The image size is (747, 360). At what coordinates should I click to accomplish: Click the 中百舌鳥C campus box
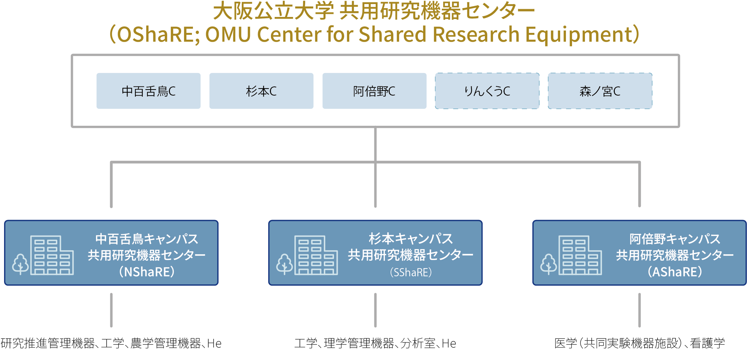coord(148,91)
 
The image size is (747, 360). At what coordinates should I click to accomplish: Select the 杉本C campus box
coord(261,91)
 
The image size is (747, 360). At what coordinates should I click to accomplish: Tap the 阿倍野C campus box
coord(374,91)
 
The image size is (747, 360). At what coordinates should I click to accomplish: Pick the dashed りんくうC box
coord(487,91)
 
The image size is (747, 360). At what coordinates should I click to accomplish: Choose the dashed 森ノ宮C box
coord(600,91)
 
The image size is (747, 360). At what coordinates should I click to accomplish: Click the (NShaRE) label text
coord(147,272)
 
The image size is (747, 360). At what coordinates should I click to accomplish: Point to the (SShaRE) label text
coord(411,272)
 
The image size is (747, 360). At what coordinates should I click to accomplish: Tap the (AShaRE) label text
coord(675,272)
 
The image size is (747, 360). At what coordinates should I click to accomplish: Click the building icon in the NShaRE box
coord(52,255)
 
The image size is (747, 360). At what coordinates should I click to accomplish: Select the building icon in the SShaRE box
coord(316,255)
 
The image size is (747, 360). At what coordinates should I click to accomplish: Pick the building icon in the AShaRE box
coord(580,255)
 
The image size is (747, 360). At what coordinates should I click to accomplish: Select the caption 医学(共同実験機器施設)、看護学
coord(640,343)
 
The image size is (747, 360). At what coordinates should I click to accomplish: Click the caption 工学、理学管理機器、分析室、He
coord(375,343)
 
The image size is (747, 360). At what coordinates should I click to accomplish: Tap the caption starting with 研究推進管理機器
coord(111,343)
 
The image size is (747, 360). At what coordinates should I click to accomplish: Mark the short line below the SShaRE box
coord(375,310)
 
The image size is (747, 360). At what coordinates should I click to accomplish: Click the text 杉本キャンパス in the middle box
coord(411,239)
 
